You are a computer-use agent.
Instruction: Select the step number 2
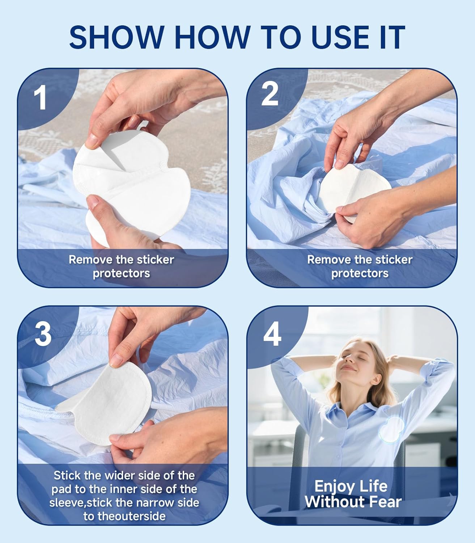tap(270, 94)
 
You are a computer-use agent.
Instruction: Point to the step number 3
tap(43, 334)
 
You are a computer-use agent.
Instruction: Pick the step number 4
tap(272, 334)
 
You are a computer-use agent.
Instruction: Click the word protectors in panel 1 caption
tap(121, 273)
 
